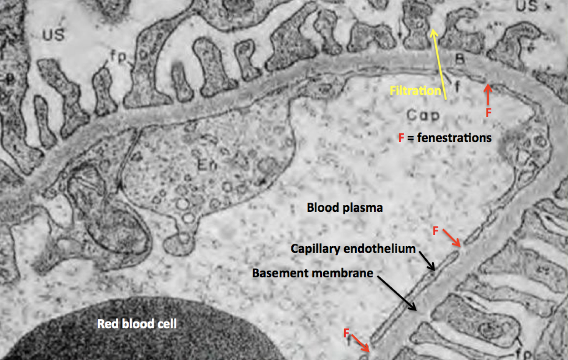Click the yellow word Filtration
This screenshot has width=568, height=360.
click(x=415, y=91)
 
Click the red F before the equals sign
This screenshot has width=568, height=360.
click(x=401, y=138)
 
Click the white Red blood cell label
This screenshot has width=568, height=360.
click(x=137, y=324)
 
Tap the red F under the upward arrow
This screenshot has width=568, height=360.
click(x=489, y=112)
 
